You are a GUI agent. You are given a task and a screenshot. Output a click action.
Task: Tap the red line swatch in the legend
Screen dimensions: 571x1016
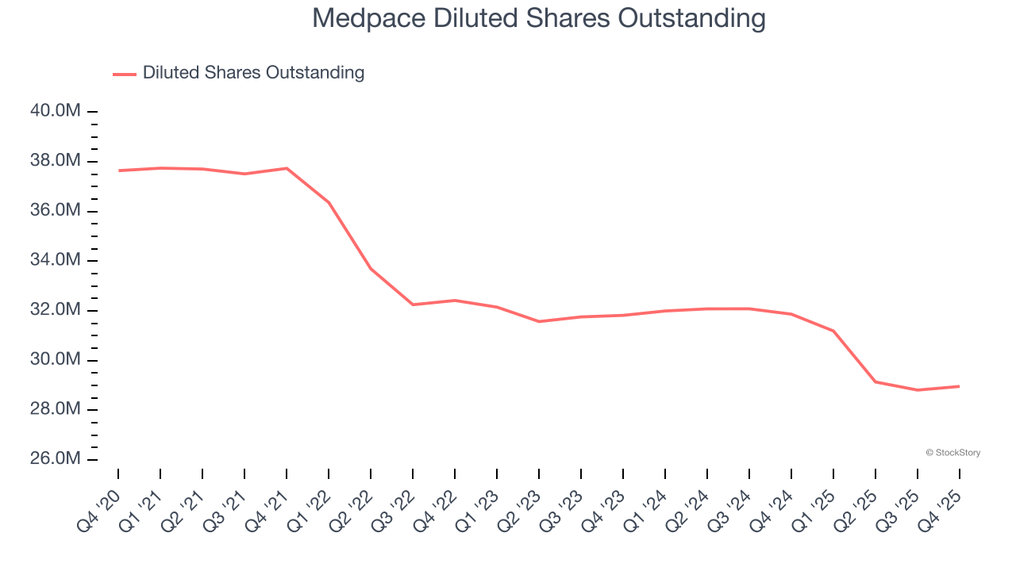(x=125, y=74)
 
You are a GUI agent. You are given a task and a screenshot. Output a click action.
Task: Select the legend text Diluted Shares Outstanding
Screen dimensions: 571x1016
(x=253, y=73)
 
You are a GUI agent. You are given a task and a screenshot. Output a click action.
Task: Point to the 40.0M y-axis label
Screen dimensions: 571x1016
(x=56, y=111)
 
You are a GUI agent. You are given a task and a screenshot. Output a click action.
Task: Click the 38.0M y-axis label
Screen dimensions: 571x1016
(x=56, y=161)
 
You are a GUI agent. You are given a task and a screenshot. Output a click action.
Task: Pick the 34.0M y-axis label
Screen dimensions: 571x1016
(x=56, y=260)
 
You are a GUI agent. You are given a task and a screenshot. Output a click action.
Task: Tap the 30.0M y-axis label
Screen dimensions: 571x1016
(x=56, y=359)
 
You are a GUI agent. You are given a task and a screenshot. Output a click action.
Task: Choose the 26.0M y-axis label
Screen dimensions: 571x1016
(x=56, y=459)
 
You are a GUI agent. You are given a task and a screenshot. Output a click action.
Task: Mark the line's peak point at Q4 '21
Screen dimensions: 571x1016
(x=287, y=168)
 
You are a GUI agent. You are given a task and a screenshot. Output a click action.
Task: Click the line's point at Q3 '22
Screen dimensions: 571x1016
(x=413, y=305)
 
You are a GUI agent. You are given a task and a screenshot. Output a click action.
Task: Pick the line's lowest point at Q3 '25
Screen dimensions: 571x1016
(x=918, y=390)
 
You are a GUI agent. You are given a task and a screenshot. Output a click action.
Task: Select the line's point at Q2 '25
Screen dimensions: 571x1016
(x=876, y=381)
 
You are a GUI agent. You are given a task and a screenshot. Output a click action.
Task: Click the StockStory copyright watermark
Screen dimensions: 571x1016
(x=953, y=453)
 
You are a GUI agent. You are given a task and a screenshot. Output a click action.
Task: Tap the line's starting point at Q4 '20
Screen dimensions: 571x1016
(x=118, y=171)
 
